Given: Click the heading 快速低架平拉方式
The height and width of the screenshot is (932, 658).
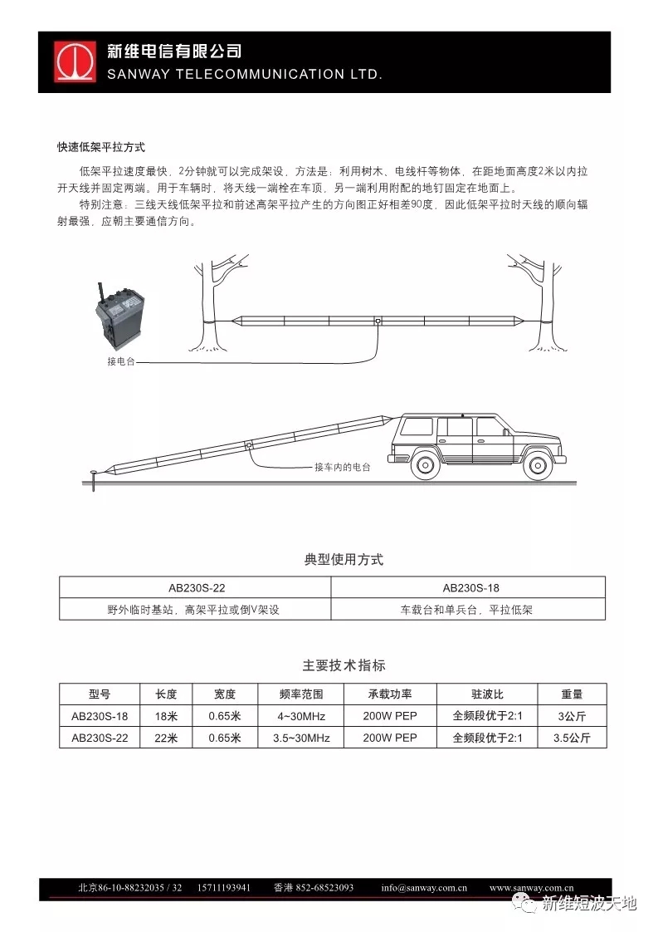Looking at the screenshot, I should point(101,147).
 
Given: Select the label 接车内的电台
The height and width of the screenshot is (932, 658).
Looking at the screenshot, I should point(343,468).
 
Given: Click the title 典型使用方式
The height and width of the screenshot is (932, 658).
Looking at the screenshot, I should point(344,560).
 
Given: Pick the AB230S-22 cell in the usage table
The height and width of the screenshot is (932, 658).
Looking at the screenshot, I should point(196,588).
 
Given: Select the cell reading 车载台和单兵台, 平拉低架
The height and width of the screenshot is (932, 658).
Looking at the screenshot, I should point(467,610).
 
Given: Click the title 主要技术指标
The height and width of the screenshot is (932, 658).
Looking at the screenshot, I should point(344,665).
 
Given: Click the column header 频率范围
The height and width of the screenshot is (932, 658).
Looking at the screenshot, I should point(301,694).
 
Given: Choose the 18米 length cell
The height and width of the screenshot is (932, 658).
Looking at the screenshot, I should point(166,716).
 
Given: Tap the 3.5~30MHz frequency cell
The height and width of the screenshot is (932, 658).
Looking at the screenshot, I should point(301,738).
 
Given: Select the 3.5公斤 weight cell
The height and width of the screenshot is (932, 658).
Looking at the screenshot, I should point(572,738).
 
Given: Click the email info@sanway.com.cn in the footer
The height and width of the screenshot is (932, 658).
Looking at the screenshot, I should point(424,887).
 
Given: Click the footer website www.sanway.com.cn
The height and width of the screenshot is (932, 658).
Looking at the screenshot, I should point(531,887).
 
